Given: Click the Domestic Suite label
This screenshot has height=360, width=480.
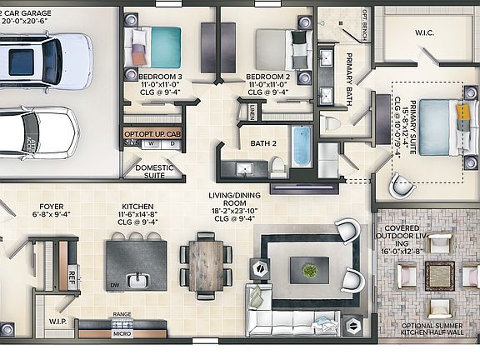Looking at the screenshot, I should click(x=154, y=172).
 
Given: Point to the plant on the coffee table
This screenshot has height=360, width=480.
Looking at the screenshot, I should click(x=309, y=269).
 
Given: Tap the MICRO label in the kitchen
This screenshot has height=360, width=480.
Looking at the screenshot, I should click(x=122, y=334).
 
